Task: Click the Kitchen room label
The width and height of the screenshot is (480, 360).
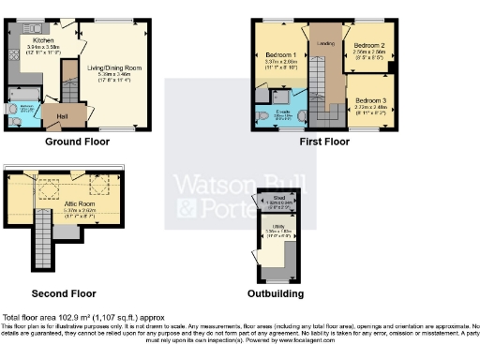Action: coord(44,41)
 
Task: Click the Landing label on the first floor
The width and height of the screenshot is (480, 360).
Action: coord(325,43)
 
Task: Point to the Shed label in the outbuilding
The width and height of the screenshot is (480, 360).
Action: coord(279,198)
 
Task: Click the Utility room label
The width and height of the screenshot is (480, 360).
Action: coord(278,228)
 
